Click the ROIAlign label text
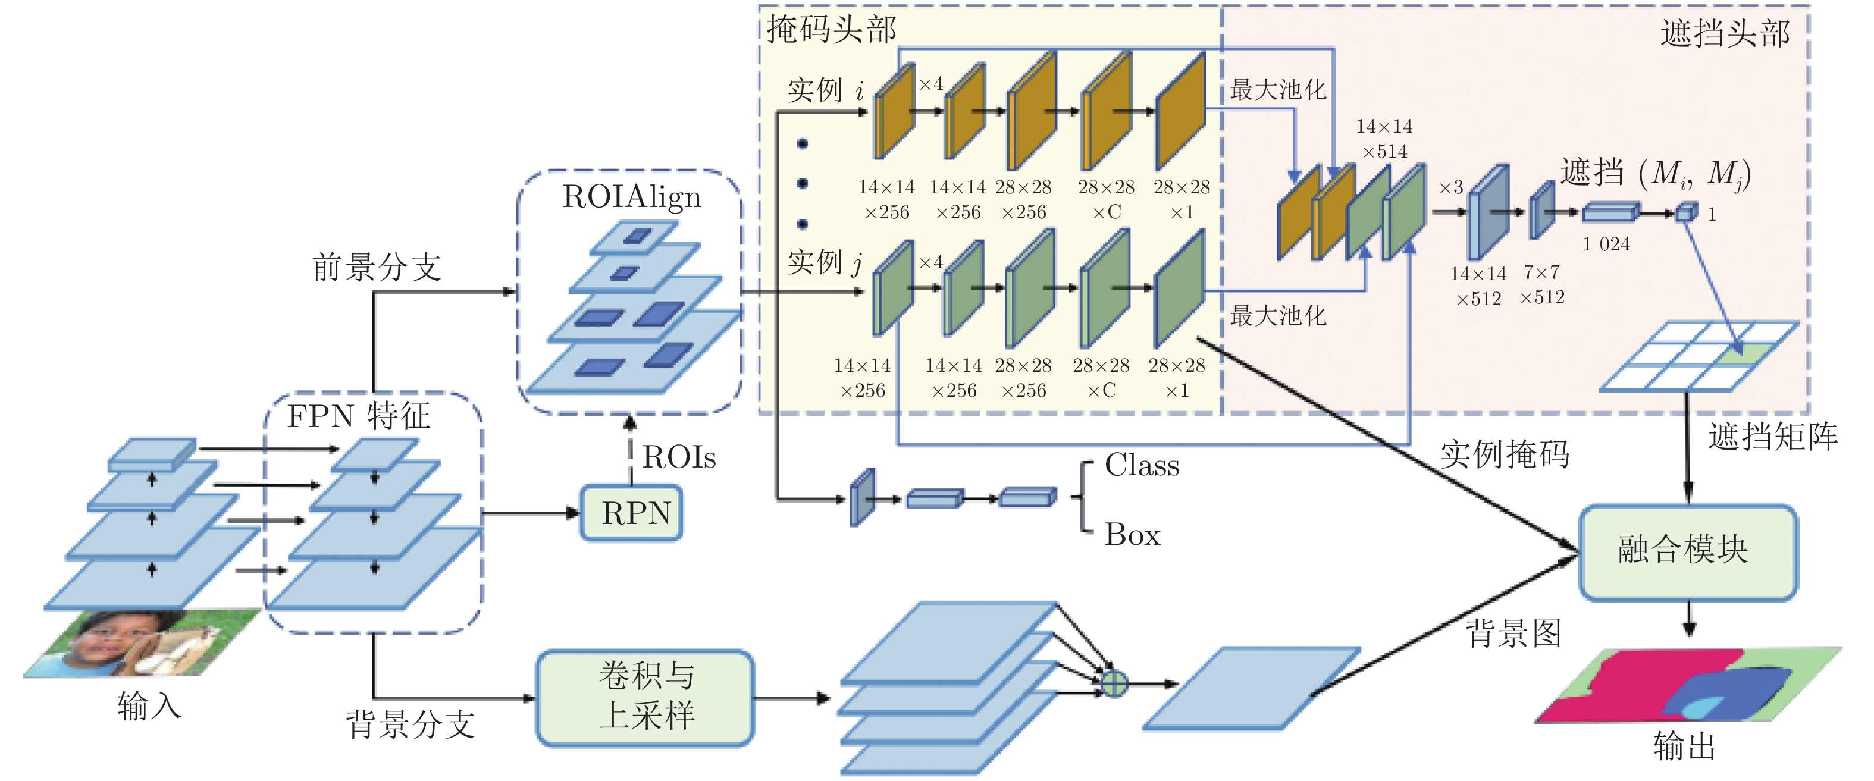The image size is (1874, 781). (x=631, y=197)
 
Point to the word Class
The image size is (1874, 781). (x=1142, y=465)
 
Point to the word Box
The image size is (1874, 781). (x=1132, y=535)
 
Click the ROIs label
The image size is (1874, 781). (x=679, y=457)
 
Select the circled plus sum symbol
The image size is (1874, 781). (x=1114, y=683)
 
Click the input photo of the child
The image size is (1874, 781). (x=142, y=644)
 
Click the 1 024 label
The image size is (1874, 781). (x=1606, y=244)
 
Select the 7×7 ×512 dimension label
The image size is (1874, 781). (x=1541, y=284)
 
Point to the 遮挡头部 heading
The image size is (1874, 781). (x=1724, y=33)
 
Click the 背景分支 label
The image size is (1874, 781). (x=410, y=724)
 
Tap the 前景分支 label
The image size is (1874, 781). (x=377, y=267)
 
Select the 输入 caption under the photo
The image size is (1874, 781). (x=148, y=706)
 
